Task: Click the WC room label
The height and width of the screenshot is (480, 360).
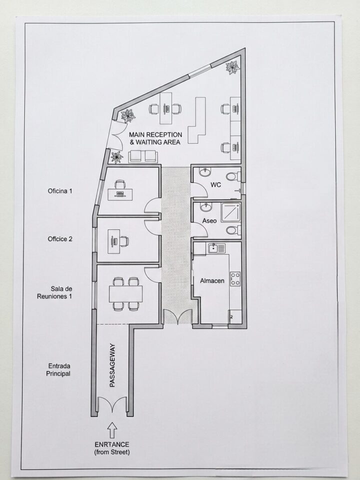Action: pos(215,184)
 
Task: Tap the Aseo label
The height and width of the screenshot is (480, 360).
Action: pos(209,220)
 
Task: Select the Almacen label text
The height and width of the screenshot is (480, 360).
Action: pos(212,280)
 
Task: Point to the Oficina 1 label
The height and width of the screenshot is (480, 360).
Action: pos(60,191)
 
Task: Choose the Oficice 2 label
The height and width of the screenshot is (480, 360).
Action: pos(60,239)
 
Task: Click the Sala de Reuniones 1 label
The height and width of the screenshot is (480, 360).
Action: pos(55,292)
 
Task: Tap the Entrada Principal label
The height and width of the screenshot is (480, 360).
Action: pos(58,369)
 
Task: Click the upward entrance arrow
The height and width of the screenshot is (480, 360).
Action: pos(112,430)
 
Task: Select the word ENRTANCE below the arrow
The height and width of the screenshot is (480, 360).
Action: pos(111,444)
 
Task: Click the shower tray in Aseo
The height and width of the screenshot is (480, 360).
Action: pos(230,212)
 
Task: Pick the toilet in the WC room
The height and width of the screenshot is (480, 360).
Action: pos(233,176)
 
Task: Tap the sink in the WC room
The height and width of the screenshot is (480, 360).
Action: pos(205,172)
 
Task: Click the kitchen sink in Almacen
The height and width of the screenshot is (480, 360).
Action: pos(216,248)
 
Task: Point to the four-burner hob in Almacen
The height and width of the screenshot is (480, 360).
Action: pos(235,279)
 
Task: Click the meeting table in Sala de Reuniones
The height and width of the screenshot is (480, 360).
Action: pos(126,294)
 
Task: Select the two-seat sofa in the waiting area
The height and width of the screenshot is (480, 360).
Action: pos(143,156)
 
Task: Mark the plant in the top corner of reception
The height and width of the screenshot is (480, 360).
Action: pos(232,67)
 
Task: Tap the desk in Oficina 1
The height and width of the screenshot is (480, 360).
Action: pos(120,194)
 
